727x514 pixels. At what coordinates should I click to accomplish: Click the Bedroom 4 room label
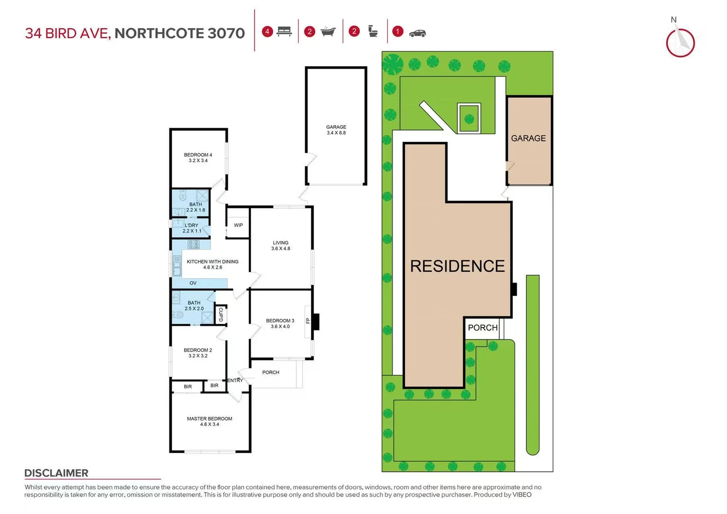coord(198,158)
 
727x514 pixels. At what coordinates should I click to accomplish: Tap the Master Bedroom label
coord(209,421)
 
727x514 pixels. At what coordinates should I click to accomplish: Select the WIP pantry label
coord(238,225)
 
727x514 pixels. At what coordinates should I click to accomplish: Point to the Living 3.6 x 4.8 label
coord(281,246)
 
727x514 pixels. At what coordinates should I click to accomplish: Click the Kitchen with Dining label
coord(212,264)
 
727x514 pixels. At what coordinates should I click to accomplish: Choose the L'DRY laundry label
coord(192,228)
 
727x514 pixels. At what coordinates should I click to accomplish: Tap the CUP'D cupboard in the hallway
coord(220,315)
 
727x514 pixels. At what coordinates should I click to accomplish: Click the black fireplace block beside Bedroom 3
coord(315,322)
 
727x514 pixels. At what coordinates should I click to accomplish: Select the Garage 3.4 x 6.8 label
coord(336,130)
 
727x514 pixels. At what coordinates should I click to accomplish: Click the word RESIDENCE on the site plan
coord(457,266)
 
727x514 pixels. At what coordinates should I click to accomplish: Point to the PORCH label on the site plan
coord(482,327)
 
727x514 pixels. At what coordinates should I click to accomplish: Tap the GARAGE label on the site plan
coord(528,138)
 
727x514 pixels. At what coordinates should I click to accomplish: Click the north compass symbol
coord(680,42)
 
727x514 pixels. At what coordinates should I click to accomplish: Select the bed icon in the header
coord(284,32)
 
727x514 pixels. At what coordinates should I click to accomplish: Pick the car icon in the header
coord(417,33)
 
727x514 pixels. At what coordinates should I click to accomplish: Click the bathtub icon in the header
coord(328,32)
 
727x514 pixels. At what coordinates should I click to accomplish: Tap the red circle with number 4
coord(267,32)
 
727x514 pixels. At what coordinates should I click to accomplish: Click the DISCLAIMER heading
coord(56,473)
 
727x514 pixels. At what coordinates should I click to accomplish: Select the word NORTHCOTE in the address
coord(159,33)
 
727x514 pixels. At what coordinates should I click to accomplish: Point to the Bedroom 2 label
coord(198,353)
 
